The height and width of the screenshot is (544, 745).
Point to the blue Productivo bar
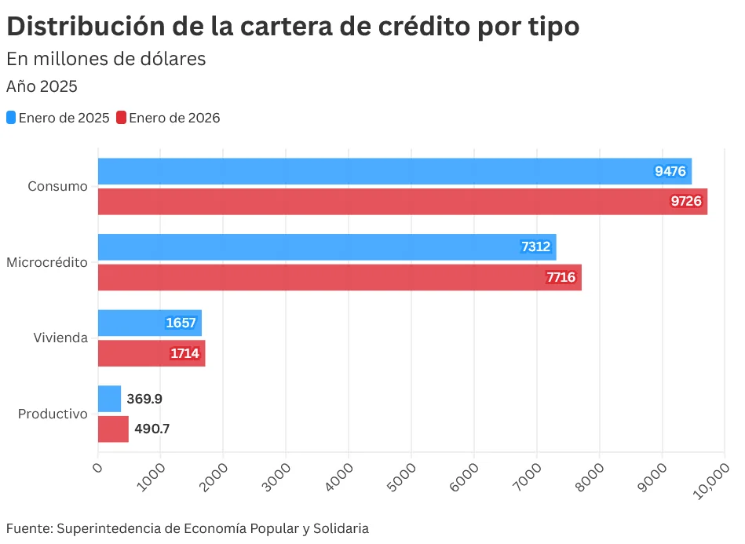tap(109, 399)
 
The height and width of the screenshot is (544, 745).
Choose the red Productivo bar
tap(113, 429)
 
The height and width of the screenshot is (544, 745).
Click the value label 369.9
tap(144, 399)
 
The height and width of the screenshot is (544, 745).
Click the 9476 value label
tap(671, 171)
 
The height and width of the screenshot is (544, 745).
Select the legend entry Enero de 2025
tap(63, 118)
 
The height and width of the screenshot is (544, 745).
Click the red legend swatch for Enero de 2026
tap(121, 118)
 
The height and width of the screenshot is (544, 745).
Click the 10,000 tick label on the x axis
tap(711, 478)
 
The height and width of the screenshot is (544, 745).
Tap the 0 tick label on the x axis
tap(98, 468)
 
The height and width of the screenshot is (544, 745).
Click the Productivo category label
tap(52, 414)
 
